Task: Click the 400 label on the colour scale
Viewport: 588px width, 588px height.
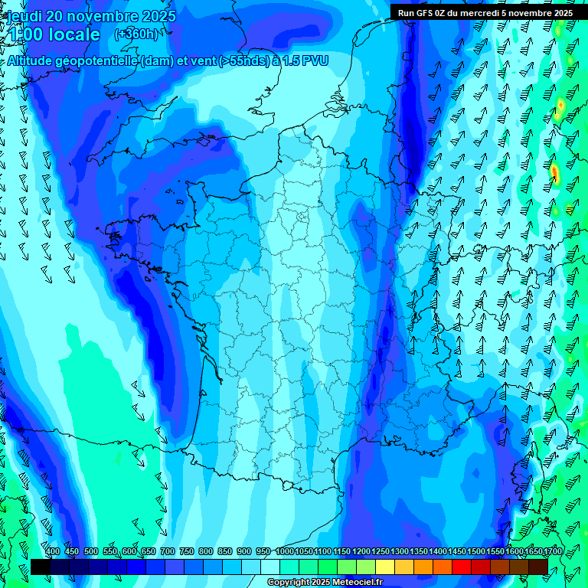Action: point(53,551)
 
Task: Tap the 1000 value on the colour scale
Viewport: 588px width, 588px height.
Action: point(285,551)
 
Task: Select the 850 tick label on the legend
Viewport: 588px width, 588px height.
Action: point(225,551)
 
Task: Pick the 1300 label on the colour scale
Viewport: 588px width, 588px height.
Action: point(400,551)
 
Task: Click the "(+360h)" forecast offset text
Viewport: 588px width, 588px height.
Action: point(136,34)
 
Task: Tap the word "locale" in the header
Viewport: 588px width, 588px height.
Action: point(72,34)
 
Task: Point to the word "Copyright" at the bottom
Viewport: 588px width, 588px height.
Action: point(289,583)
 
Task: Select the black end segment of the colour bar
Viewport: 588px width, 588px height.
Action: point(41,567)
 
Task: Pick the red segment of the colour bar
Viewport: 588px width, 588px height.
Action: point(462,567)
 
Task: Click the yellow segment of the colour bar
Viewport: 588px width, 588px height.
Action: point(385,567)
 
